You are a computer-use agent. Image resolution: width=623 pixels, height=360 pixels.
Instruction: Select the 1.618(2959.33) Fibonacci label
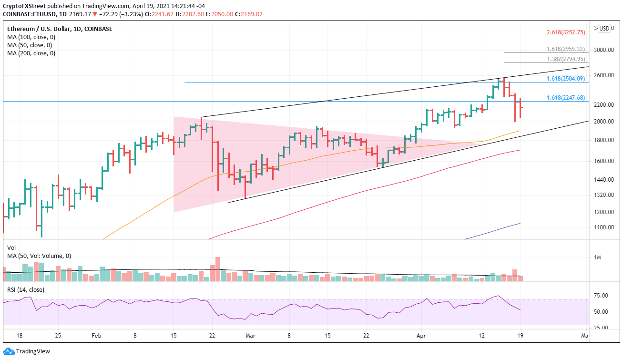tap(565, 49)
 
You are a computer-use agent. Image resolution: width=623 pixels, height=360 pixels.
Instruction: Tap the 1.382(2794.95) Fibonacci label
tap(565, 59)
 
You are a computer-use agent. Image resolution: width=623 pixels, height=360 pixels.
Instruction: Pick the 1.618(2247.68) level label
tap(565, 98)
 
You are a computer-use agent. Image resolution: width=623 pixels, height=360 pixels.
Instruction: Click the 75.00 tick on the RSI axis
tap(602, 296)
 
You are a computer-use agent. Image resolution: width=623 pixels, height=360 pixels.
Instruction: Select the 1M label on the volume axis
tap(597, 258)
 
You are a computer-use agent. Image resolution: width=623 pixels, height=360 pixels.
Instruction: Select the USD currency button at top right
tap(604, 28)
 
